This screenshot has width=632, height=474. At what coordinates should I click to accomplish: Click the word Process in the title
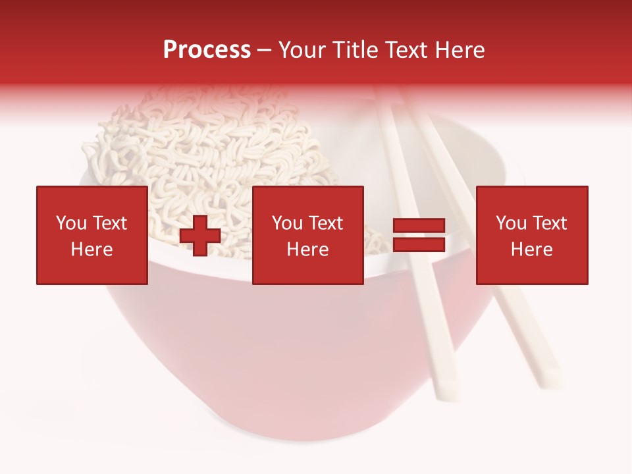tap(207, 50)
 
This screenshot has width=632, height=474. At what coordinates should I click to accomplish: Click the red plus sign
tap(200, 236)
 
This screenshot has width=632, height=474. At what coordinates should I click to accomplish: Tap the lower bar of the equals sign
tap(419, 245)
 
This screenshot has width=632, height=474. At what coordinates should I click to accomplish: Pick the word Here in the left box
tap(92, 250)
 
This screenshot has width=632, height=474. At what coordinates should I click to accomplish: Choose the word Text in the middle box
tap(325, 223)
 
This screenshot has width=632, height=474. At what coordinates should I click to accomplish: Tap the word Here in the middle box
tap(307, 250)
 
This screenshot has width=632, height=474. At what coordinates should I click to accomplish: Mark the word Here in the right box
tap(531, 250)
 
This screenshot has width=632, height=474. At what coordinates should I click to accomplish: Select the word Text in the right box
tap(549, 223)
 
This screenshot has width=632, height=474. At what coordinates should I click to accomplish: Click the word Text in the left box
tap(109, 223)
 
